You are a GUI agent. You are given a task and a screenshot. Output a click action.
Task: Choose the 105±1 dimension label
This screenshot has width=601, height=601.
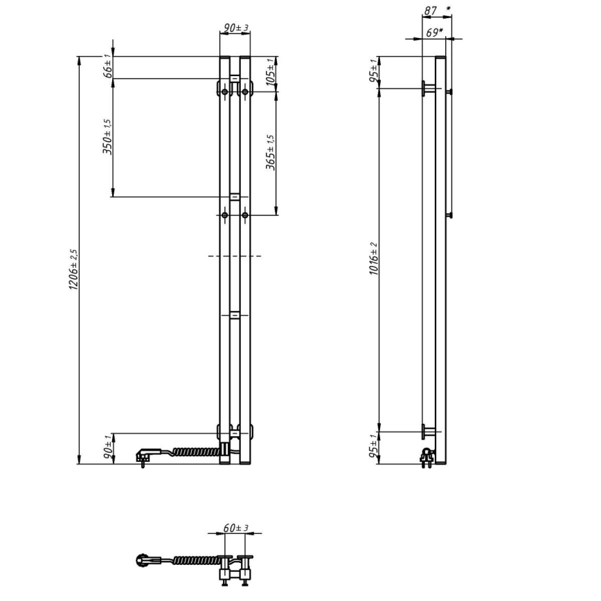click(x=271, y=71)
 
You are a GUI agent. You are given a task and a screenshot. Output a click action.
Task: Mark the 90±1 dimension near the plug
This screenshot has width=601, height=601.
click(x=107, y=448)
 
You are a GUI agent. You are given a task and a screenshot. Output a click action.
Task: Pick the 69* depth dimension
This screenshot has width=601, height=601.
click(x=434, y=32)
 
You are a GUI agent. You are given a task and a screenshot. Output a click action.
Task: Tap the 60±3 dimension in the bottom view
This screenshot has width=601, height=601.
click(x=237, y=528)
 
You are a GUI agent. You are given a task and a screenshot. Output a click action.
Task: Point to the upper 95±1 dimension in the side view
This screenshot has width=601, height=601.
click(x=374, y=71)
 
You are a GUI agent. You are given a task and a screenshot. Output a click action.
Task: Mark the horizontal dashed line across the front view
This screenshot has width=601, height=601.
click(x=235, y=256)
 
